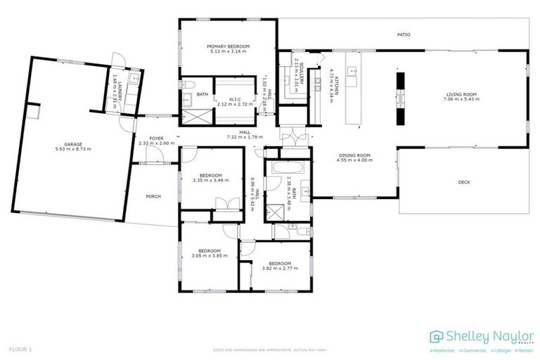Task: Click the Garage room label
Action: (x=73, y=144)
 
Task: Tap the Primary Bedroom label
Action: (x=229, y=46)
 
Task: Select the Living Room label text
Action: (x=461, y=94)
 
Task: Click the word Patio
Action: (x=403, y=34)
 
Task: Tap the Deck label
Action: (x=463, y=182)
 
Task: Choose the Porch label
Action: (x=153, y=196)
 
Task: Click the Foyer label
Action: (x=156, y=138)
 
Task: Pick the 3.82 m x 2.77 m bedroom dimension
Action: (x=276, y=269)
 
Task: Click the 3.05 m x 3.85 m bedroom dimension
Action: (x=210, y=256)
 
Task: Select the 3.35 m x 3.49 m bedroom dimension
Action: (x=210, y=180)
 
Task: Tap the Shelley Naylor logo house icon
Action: (x=436, y=336)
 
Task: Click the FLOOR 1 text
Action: (x=20, y=348)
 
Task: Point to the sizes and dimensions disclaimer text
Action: (x=270, y=349)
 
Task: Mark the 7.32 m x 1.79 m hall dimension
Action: (x=245, y=137)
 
